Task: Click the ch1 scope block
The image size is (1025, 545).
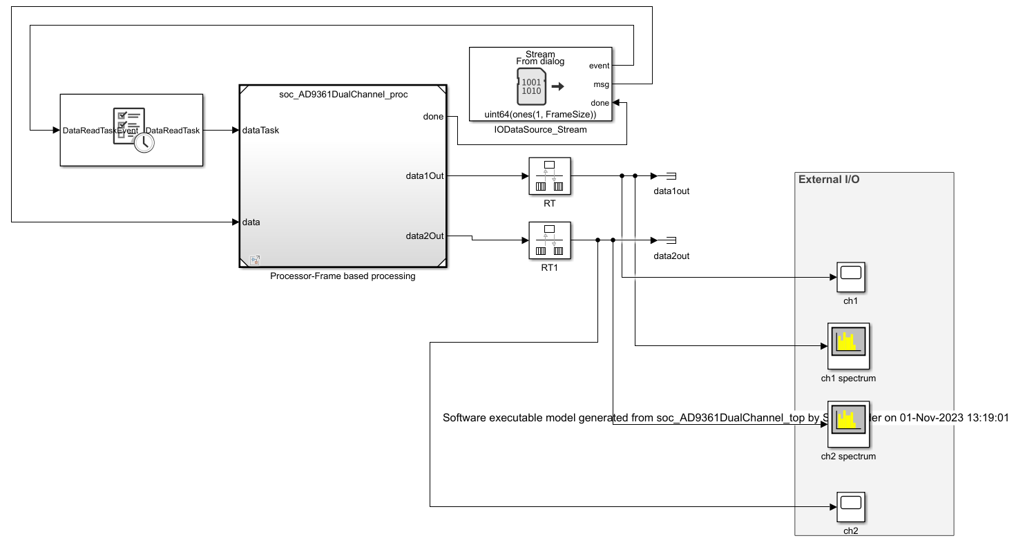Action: (x=851, y=278)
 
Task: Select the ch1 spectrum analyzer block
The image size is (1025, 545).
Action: (x=848, y=345)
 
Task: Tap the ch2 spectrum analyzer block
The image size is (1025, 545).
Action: (x=848, y=423)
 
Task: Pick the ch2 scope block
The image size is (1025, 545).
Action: (x=851, y=508)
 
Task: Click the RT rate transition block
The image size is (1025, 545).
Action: (x=549, y=176)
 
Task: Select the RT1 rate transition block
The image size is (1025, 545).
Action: (x=549, y=240)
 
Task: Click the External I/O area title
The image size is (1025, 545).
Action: (x=829, y=180)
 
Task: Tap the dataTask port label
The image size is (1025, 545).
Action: (x=261, y=130)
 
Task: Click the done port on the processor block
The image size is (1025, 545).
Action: (x=433, y=117)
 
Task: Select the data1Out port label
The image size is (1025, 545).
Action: (x=424, y=176)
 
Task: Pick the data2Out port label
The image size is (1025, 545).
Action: (x=424, y=236)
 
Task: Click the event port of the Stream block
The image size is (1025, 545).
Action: (x=599, y=66)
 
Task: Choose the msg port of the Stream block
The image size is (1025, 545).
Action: (x=602, y=84)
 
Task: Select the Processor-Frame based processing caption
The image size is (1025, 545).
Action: (x=343, y=276)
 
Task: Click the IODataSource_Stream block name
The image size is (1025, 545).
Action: (x=540, y=129)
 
